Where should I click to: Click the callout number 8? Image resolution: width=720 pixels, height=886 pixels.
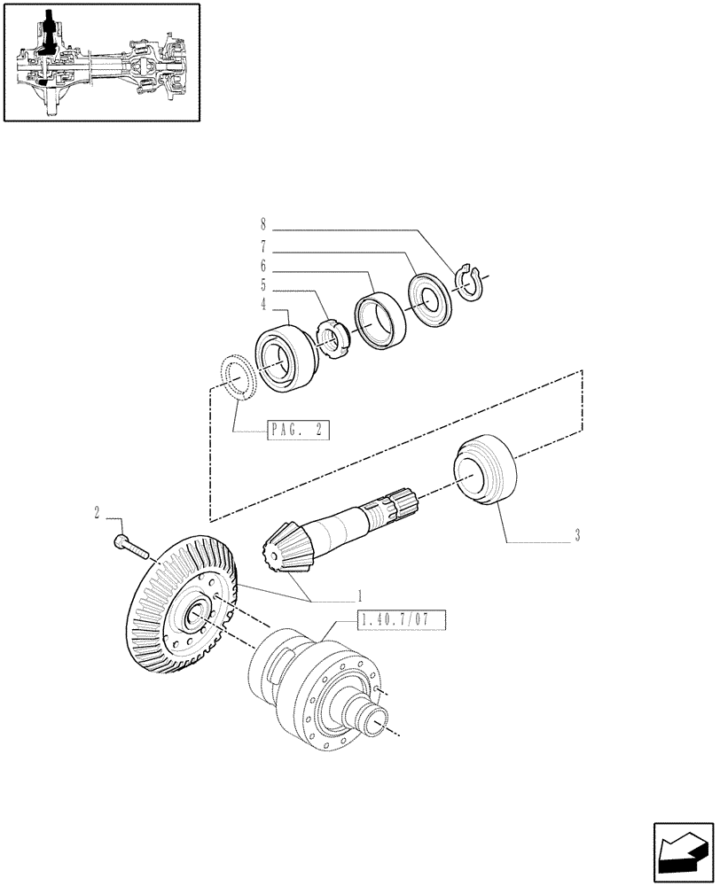click(x=262, y=225)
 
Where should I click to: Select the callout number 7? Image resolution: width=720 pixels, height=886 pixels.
click(x=262, y=246)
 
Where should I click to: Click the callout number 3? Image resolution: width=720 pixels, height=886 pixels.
click(x=576, y=535)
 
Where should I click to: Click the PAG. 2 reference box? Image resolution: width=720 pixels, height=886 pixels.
click(x=297, y=431)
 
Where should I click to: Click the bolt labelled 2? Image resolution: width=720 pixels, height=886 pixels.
click(x=132, y=545)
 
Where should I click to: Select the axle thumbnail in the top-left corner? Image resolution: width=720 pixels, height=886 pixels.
click(x=100, y=62)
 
